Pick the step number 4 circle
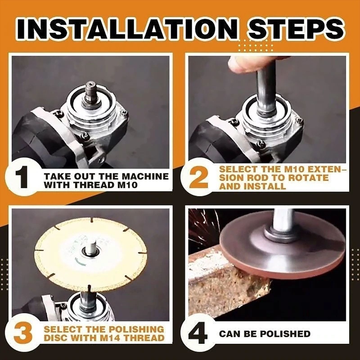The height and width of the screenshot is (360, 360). coord(198,334)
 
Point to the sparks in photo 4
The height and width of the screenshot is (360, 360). coord(202,225)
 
